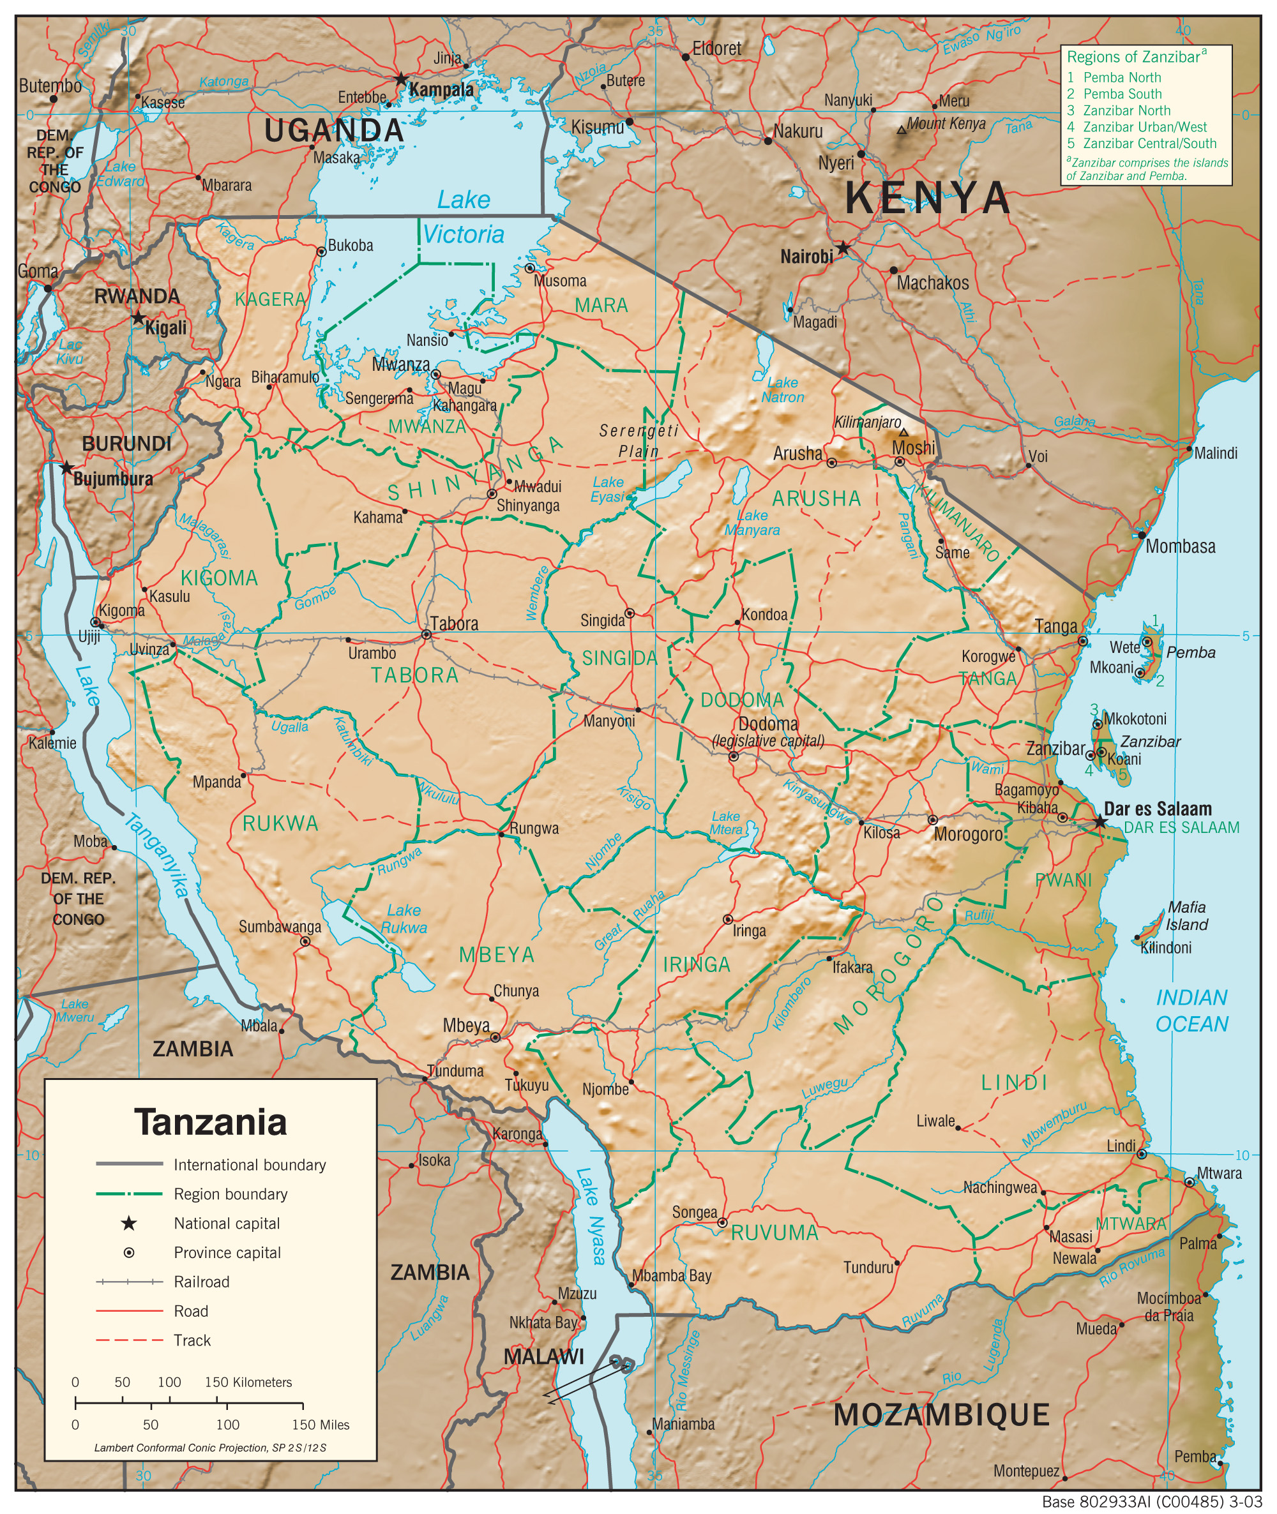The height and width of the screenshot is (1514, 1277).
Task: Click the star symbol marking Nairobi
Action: pyautogui.click(x=843, y=248)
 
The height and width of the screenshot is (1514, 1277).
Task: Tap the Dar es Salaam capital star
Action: pyautogui.click(x=1099, y=821)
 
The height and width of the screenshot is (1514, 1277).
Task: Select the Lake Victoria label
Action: pyautogui.click(x=464, y=217)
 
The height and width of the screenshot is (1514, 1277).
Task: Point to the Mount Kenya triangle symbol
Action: pyautogui.click(x=902, y=130)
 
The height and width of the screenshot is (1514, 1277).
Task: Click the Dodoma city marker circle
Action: pyautogui.click(x=734, y=756)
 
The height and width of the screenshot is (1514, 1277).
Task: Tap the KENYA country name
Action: pyautogui.click(x=926, y=199)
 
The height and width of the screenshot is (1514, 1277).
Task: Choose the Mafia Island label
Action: pyautogui.click(x=1186, y=915)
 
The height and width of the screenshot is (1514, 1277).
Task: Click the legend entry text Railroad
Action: pyautogui.click(x=201, y=1282)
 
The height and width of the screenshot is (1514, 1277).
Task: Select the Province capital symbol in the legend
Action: pyautogui.click(x=129, y=1252)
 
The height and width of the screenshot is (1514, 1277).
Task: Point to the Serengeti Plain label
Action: pyautogui.click(x=638, y=441)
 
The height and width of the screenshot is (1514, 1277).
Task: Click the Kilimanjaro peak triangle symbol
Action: pyautogui.click(x=903, y=433)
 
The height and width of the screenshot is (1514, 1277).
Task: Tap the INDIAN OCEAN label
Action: pyautogui.click(x=1191, y=1010)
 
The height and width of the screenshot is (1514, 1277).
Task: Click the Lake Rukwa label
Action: pyautogui.click(x=404, y=918)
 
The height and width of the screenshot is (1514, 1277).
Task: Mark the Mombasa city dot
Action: pyautogui.click(x=1142, y=535)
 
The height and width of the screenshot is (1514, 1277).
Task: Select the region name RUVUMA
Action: pyautogui.click(x=774, y=1233)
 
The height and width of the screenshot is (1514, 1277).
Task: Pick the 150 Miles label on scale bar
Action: pyautogui.click(x=320, y=1424)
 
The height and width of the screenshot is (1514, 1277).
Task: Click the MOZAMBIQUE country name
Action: pyautogui.click(x=941, y=1414)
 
